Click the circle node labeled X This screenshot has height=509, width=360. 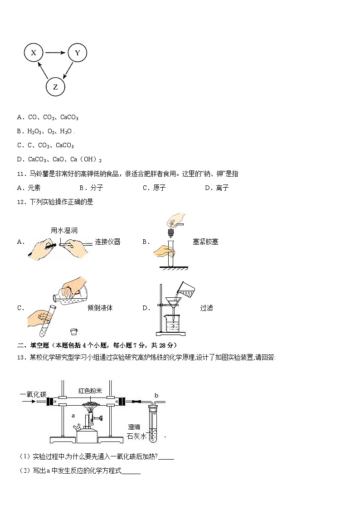[x=34, y=53]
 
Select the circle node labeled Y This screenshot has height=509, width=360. [x=77, y=53]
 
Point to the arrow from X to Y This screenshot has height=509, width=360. [x=55, y=53]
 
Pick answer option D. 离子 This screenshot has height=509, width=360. [x=216, y=188]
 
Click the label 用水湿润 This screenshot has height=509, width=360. [x=64, y=230]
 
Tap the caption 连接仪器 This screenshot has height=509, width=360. [x=107, y=242]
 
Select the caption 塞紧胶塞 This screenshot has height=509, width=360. [x=205, y=242]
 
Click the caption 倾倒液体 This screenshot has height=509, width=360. [x=100, y=308]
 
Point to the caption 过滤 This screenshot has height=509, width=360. [x=206, y=308]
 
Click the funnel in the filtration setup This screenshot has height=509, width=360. [x=172, y=303]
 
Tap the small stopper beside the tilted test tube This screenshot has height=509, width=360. [x=73, y=331]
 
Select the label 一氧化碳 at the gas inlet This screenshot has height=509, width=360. [x=33, y=394]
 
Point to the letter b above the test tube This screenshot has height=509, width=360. [x=156, y=395]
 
